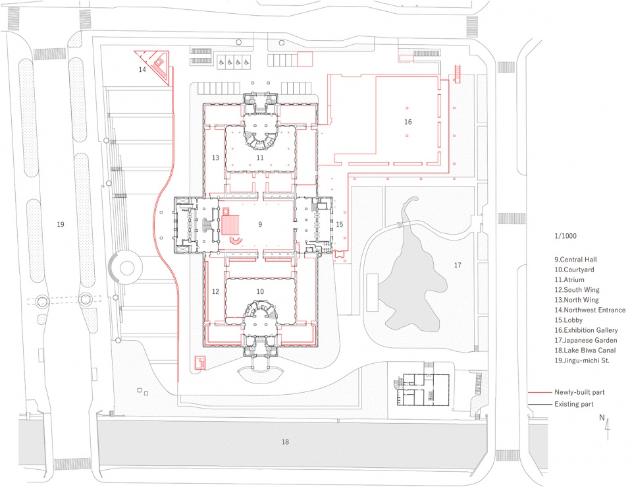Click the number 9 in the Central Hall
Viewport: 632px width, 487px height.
tap(260, 225)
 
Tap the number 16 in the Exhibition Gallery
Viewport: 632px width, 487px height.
tap(408, 122)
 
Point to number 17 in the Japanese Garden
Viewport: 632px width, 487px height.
tap(458, 266)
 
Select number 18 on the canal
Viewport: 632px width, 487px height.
tap(284, 442)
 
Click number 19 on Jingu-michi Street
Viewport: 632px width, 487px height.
tap(61, 225)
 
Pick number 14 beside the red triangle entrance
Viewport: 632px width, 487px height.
tap(142, 69)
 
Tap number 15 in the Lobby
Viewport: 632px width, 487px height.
tap(339, 225)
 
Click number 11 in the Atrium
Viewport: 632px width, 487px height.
tap(260, 158)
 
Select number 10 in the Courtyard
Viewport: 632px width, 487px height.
tap(260, 291)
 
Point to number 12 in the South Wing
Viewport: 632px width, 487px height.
tap(215, 291)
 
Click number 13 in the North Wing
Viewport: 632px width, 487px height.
tap(215, 158)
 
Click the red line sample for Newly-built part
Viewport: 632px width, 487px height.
tap(539, 392)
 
